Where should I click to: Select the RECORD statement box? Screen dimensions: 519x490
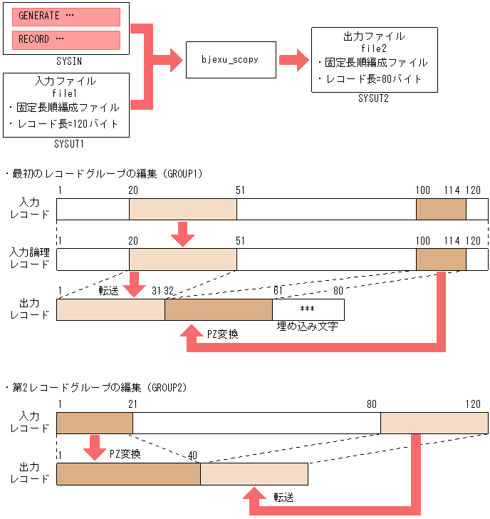coord(66,40)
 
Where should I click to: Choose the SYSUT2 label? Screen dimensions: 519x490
coord(373,98)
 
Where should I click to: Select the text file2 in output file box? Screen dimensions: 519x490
coord(373,48)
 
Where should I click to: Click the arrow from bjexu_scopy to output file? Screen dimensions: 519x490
coord(292,60)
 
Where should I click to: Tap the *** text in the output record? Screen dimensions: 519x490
coord(308,309)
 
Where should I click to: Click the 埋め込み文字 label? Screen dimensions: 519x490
coord(307,327)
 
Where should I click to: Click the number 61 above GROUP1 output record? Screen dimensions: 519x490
coord(279,289)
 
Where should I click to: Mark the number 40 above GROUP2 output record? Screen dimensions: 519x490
coord(192,454)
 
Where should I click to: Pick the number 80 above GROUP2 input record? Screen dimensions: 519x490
coord(372,404)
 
